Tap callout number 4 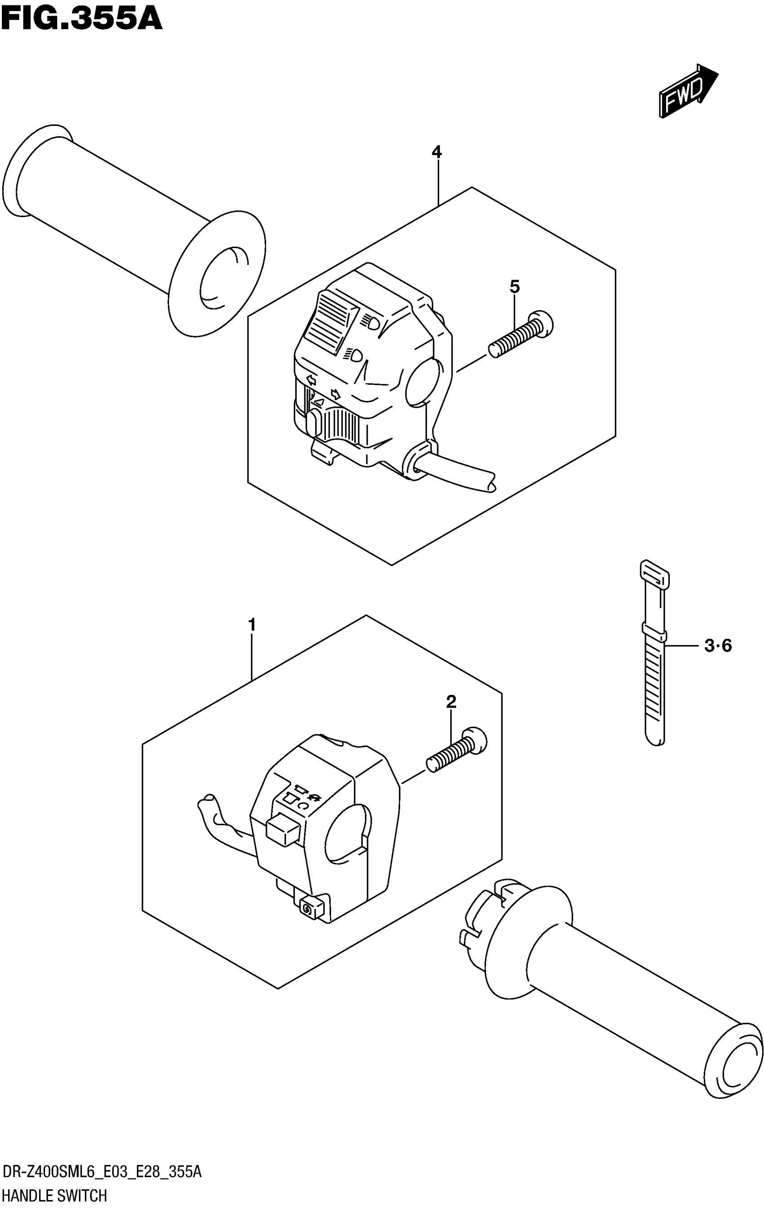pos(436,152)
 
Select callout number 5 pos(515,287)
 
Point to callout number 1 pos(252,625)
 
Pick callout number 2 pos(451,702)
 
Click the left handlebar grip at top pos(125,221)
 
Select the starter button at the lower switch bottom pos(307,907)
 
